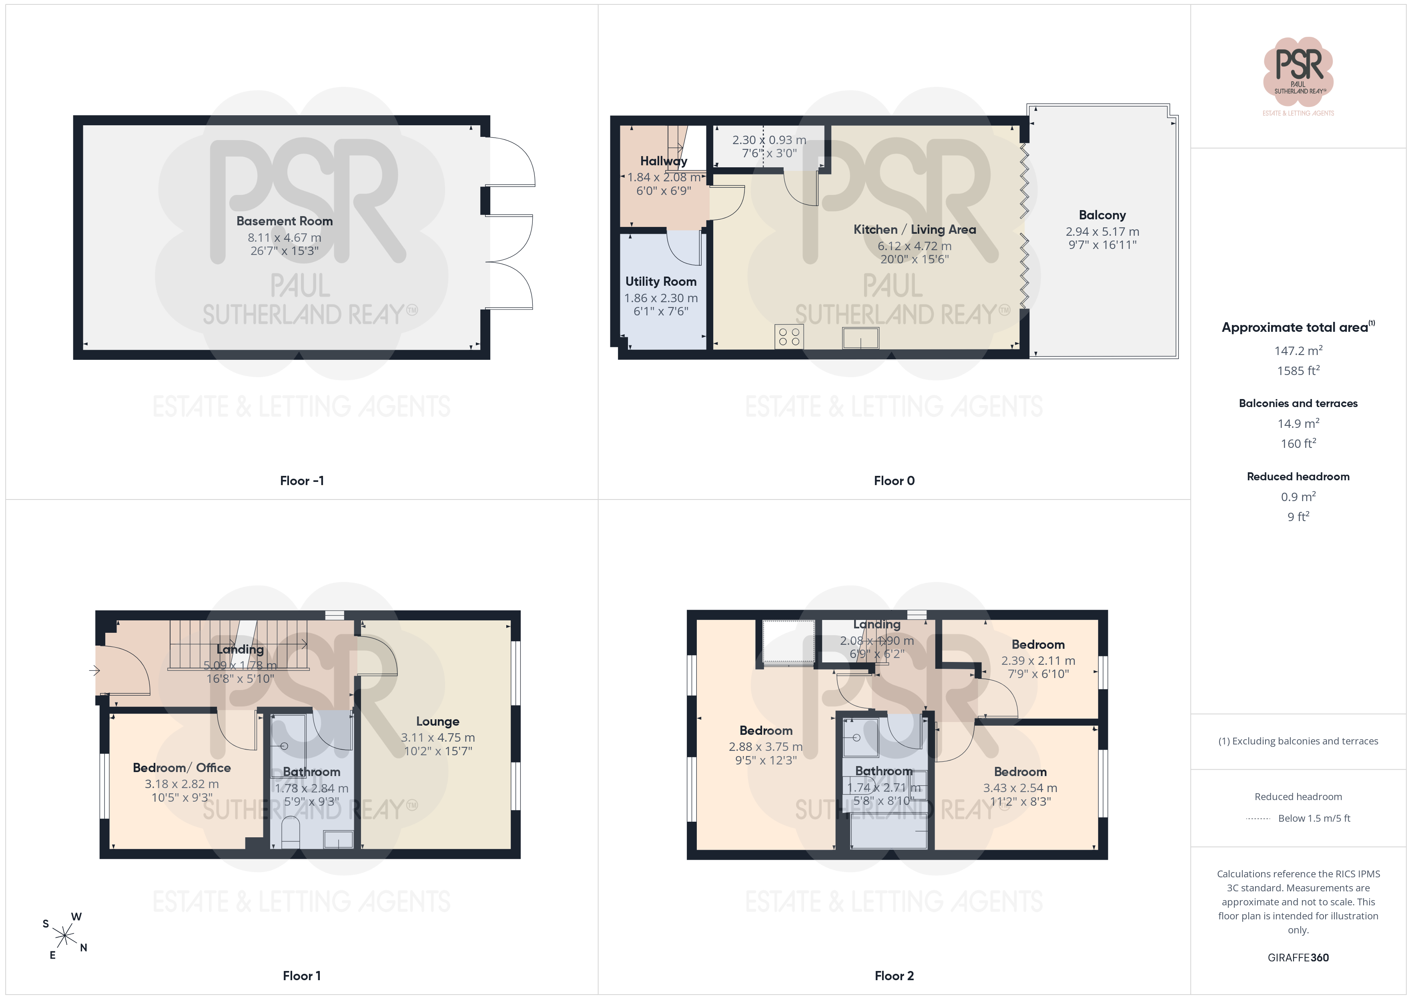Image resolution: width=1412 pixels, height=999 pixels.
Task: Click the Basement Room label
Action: tap(284, 221)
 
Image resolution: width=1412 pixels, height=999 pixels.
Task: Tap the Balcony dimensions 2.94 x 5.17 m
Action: tap(1102, 232)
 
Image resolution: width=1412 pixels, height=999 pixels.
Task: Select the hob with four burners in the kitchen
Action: tap(789, 337)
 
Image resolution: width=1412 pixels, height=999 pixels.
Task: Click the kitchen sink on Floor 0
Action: tap(860, 338)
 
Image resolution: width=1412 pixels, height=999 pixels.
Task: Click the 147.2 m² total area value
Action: tap(1298, 351)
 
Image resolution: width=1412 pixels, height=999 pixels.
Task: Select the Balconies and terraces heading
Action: tap(1298, 403)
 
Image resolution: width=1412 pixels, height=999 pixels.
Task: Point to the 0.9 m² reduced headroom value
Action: tap(1298, 496)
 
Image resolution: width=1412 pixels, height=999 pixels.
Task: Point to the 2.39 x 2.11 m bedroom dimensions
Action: tap(1038, 661)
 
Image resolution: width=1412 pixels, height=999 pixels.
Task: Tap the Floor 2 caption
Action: tap(894, 976)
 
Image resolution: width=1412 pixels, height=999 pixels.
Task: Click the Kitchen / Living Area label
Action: tap(915, 229)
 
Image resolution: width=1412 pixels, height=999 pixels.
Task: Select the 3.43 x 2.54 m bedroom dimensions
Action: tap(1020, 788)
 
